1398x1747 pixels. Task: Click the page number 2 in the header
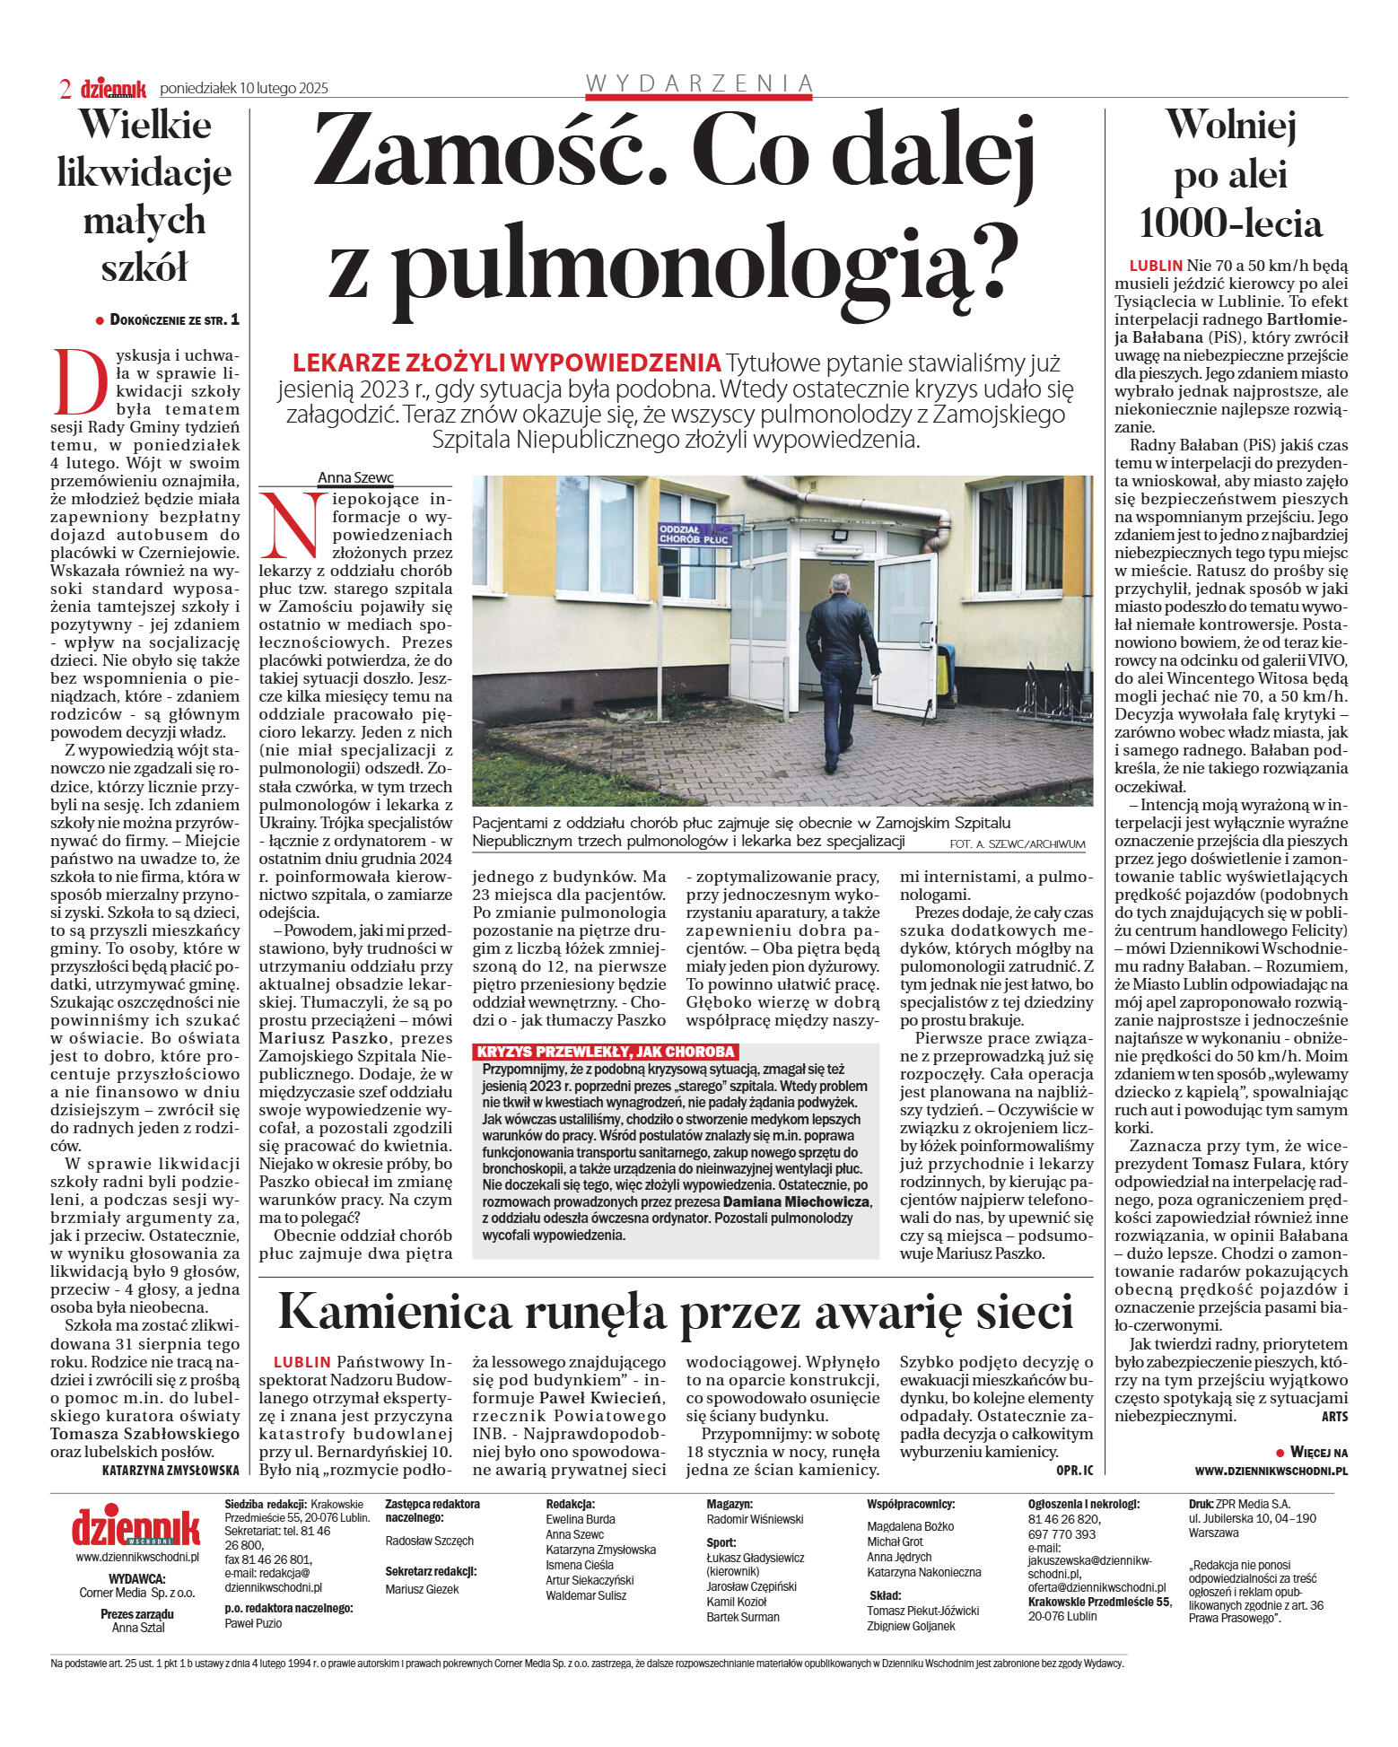(x=66, y=88)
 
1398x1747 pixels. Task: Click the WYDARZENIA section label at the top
(x=699, y=83)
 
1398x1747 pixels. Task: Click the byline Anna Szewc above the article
(x=355, y=478)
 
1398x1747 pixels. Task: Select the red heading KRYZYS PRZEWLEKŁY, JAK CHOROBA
(x=606, y=1052)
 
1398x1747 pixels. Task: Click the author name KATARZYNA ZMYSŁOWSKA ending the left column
(x=170, y=1470)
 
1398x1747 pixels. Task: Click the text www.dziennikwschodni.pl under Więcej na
(x=1271, y=1471)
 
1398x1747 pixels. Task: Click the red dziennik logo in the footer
(x=136, y=1526)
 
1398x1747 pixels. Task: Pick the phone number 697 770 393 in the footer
(x=1062, y=1534)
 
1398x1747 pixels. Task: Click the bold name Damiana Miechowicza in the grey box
(x=796, y=1201)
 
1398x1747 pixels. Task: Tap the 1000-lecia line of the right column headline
(x=1230, y=223)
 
